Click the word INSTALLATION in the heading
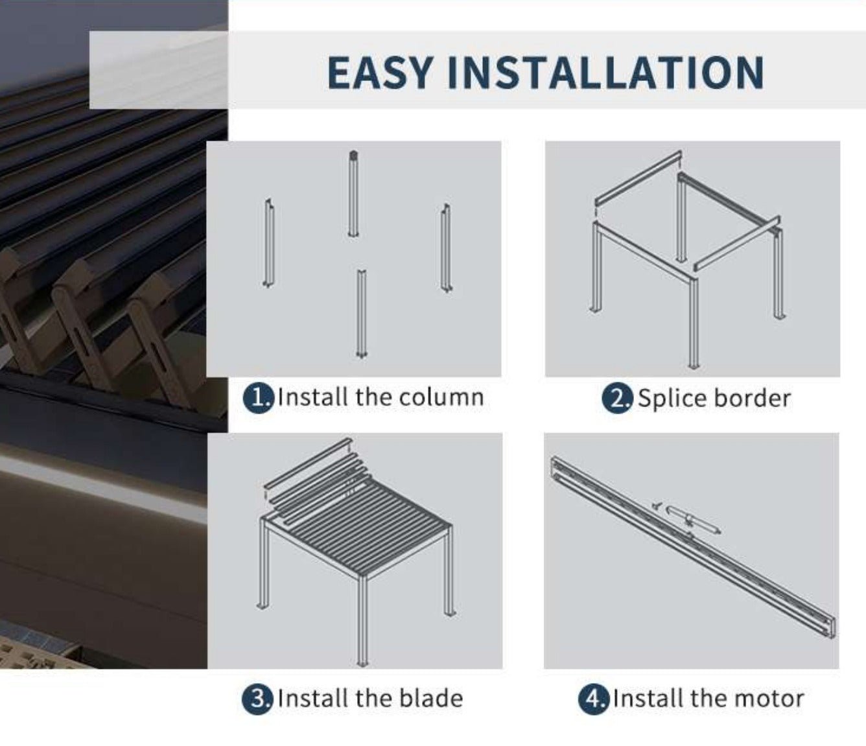coord(606,73)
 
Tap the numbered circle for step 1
coord(257,399)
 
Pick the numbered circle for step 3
coord(257,699)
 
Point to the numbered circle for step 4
coord(593,699)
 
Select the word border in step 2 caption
coord(753,398)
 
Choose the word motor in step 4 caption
coord(769,699)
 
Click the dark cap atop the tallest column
coord(353,155)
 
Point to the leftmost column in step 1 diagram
coord(268,242)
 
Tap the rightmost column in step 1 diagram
coord(447,248)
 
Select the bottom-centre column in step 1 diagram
coord(361,314)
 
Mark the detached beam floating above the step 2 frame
coord(637,178)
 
